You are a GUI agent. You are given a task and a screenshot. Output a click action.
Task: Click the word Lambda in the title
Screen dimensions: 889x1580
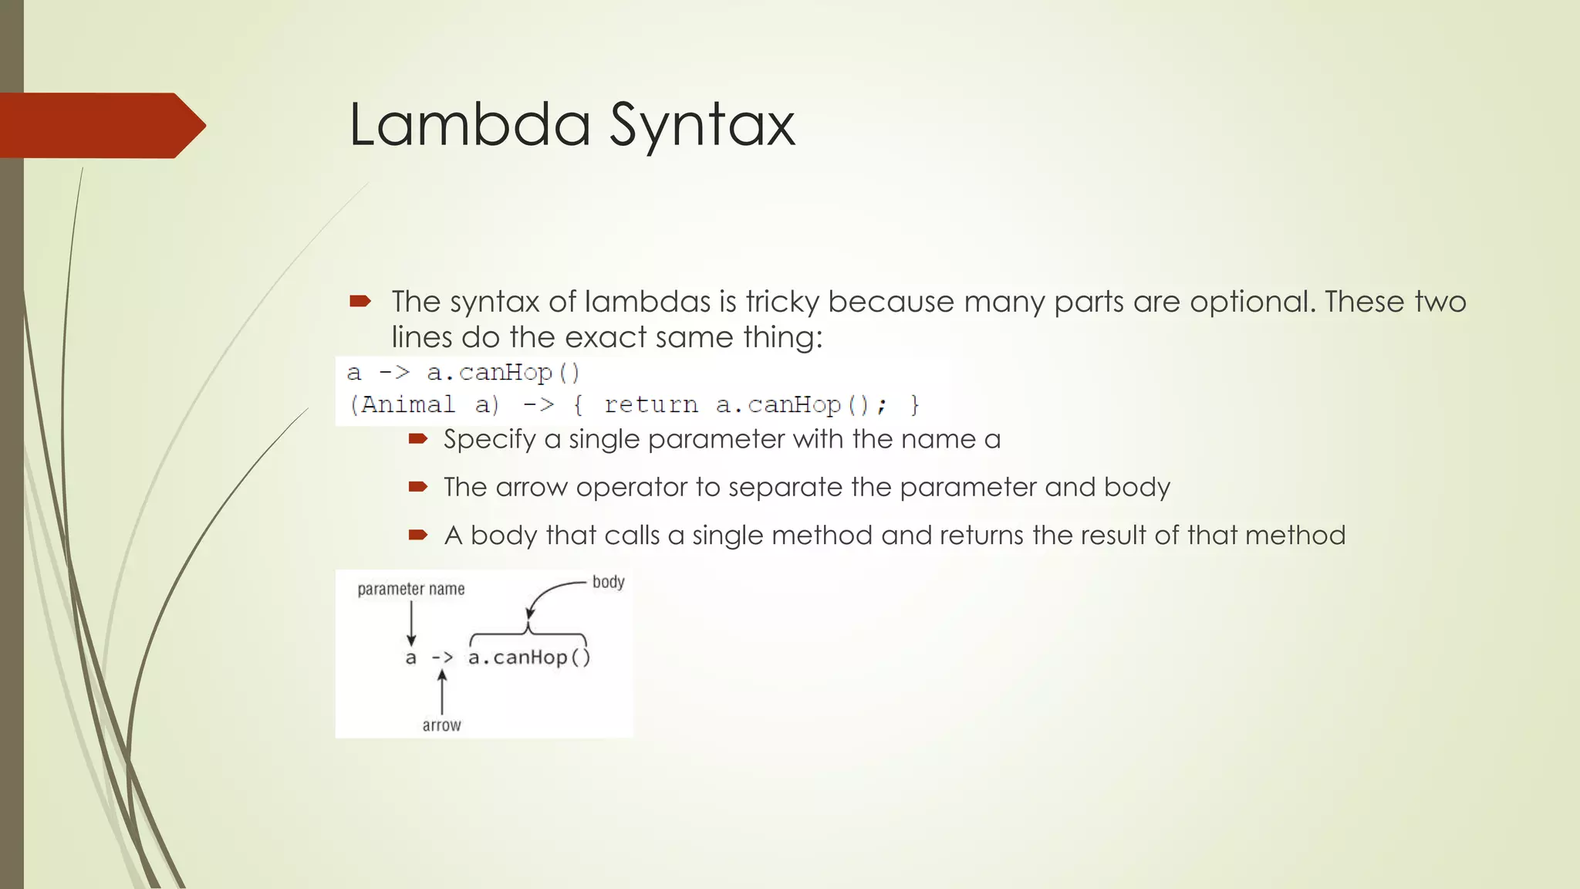[x=469, y=124]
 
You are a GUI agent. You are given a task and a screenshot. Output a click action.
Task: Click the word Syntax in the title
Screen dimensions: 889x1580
[x=702, y=126]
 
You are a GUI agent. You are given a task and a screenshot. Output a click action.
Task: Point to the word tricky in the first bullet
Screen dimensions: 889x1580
[x=782, y=302]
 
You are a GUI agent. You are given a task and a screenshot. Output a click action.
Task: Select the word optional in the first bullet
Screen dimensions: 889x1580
[x=1251, y=302]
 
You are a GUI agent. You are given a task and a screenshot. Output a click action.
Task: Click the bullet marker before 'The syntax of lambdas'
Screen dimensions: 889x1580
[x=360, y=301]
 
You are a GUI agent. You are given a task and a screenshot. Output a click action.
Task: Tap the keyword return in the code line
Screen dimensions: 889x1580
[x=650, y=404]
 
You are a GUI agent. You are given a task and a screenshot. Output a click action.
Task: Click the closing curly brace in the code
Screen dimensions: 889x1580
[x=915, y=404]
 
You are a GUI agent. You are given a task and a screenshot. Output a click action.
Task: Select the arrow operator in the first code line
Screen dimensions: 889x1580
[x=394, y=373]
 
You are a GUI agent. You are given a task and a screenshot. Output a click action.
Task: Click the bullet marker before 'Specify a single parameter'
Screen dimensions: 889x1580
[x=417, y=439]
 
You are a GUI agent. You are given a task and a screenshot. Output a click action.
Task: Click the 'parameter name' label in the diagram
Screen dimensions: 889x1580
[x=411, y=590]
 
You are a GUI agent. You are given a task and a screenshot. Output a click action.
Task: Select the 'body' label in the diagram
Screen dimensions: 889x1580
[x=608, y=582]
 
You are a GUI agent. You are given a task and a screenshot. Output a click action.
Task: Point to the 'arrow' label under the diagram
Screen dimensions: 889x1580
[x=441, y=725]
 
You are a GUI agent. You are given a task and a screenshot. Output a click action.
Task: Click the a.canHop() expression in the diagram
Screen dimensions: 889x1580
[x=529, y=657]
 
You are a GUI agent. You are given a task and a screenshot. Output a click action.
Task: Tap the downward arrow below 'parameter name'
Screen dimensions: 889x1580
[x=411, y=623]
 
